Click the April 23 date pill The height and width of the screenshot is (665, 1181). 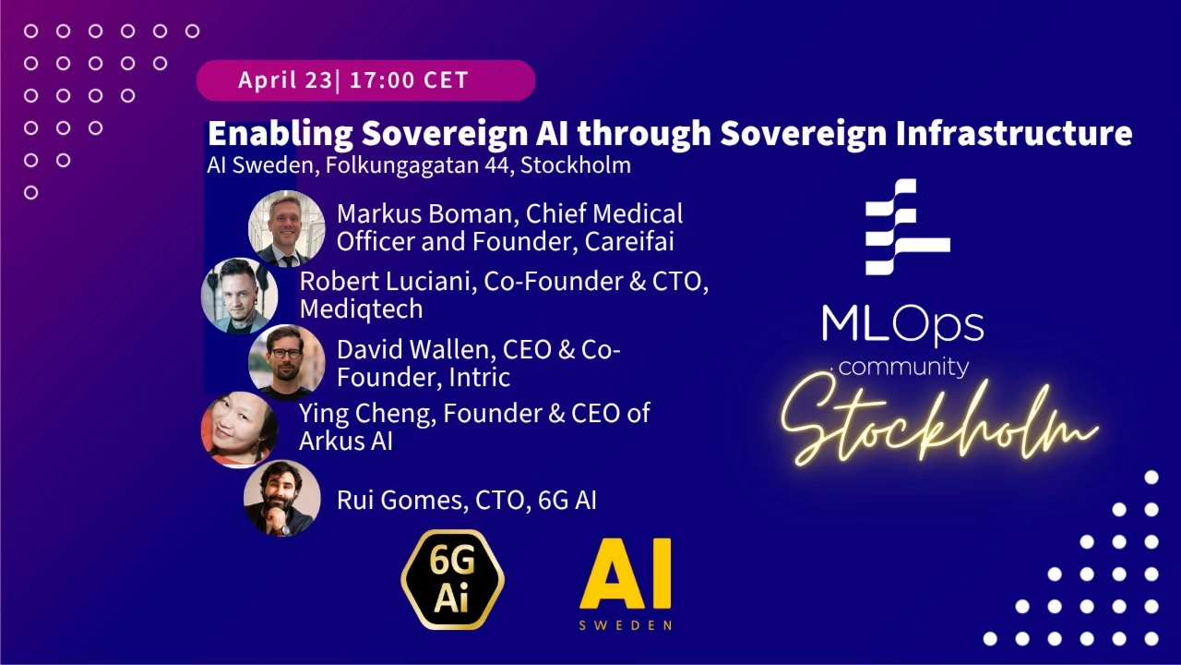365,80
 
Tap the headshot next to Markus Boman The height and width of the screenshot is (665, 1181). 287,228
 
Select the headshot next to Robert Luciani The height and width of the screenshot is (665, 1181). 240,296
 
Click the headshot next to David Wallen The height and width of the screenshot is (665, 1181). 287,362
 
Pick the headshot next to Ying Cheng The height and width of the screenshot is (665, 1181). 240,429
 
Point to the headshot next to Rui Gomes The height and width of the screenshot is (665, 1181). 282,499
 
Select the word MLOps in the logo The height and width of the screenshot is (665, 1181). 902,324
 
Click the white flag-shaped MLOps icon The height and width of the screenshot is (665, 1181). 906,226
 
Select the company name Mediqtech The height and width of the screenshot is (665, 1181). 361,308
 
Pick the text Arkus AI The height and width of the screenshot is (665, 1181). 346,441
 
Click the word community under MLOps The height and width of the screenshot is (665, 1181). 904,368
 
